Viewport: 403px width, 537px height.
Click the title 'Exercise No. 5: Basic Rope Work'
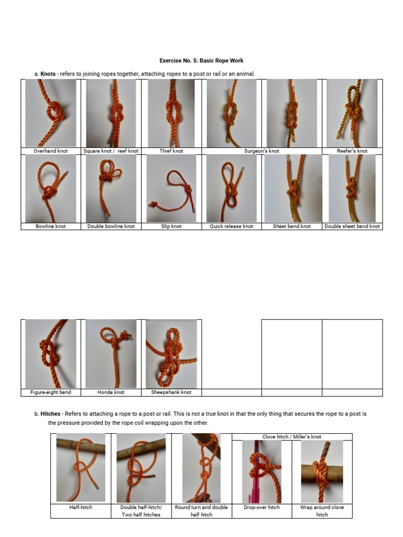pos(201,61)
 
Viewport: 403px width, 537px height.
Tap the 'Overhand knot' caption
pos(50,151)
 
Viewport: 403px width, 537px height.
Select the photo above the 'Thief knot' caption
pos(171,113)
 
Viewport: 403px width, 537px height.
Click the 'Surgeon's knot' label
pos(262,151)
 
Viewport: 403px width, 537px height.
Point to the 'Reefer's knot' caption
pos(352,151)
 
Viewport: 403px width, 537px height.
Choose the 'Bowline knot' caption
pos(50,227)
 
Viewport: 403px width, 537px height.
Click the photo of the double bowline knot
pos(111,188)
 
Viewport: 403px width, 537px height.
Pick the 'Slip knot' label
pos(171,227)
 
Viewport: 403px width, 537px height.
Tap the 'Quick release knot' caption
pos(231,227)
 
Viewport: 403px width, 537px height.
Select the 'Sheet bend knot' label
pos(292,227)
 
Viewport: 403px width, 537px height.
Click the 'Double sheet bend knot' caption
pos(352,227)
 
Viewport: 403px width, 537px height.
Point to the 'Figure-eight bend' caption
pos(50,392)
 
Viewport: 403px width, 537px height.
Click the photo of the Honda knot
pos(111,354)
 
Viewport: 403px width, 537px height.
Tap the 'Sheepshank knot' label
pos(171,392)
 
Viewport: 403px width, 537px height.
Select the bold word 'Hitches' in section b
pos(50,414)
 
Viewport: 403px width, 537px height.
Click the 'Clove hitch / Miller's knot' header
pos(292,437)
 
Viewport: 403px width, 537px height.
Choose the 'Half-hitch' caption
pos(81,508)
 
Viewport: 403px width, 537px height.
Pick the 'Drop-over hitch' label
pos(262,508)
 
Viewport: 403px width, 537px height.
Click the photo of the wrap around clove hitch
pos(322,471)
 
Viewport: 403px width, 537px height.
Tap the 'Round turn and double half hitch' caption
pos(201,511)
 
